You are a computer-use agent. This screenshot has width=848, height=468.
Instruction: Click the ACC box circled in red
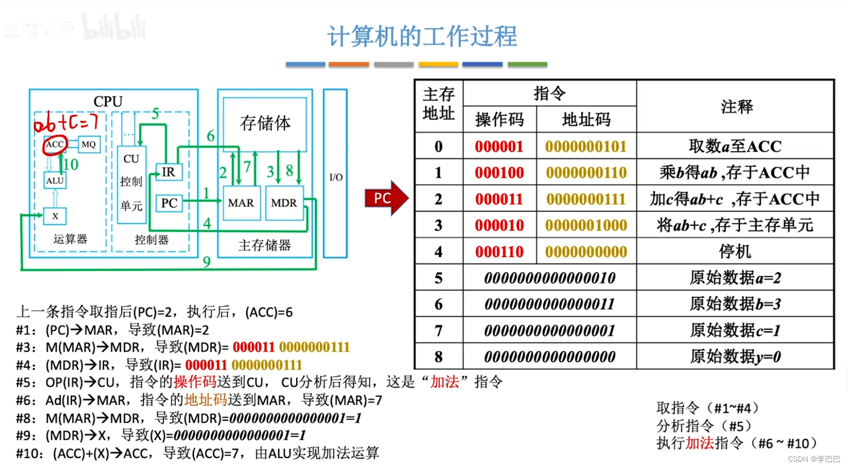click(55, 144)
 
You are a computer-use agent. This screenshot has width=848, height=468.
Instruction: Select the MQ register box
click(88, 144)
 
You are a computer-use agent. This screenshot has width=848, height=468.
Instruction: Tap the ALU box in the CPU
click(55, 181)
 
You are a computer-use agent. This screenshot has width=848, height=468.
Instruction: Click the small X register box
click(55, 216)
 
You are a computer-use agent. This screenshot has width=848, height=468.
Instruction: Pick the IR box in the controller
click(169, 172)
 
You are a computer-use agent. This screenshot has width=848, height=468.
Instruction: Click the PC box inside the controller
click(169, 203)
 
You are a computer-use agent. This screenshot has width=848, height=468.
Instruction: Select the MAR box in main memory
click(241, 203)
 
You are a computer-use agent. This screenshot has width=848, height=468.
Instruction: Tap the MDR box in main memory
click(284, 203)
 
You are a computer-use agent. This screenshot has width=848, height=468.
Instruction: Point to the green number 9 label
click(207, 261)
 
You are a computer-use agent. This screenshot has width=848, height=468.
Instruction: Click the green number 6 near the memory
click(211, 136)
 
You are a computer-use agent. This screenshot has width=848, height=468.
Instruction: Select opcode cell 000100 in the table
click(499, 173)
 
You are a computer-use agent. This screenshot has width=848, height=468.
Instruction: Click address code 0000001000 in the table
click(586, 225)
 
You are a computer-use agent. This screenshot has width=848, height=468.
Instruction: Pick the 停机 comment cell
click(735, 252)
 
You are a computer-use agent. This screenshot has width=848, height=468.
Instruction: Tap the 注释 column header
click(736, 107)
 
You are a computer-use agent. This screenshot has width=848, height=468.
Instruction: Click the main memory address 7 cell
click(438, 330)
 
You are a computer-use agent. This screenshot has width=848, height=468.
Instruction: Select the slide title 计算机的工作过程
click(422, 36)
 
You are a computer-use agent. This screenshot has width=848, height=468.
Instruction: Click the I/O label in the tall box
click(336, 177)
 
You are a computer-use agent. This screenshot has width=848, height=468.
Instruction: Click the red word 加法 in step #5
click(444, 382)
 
